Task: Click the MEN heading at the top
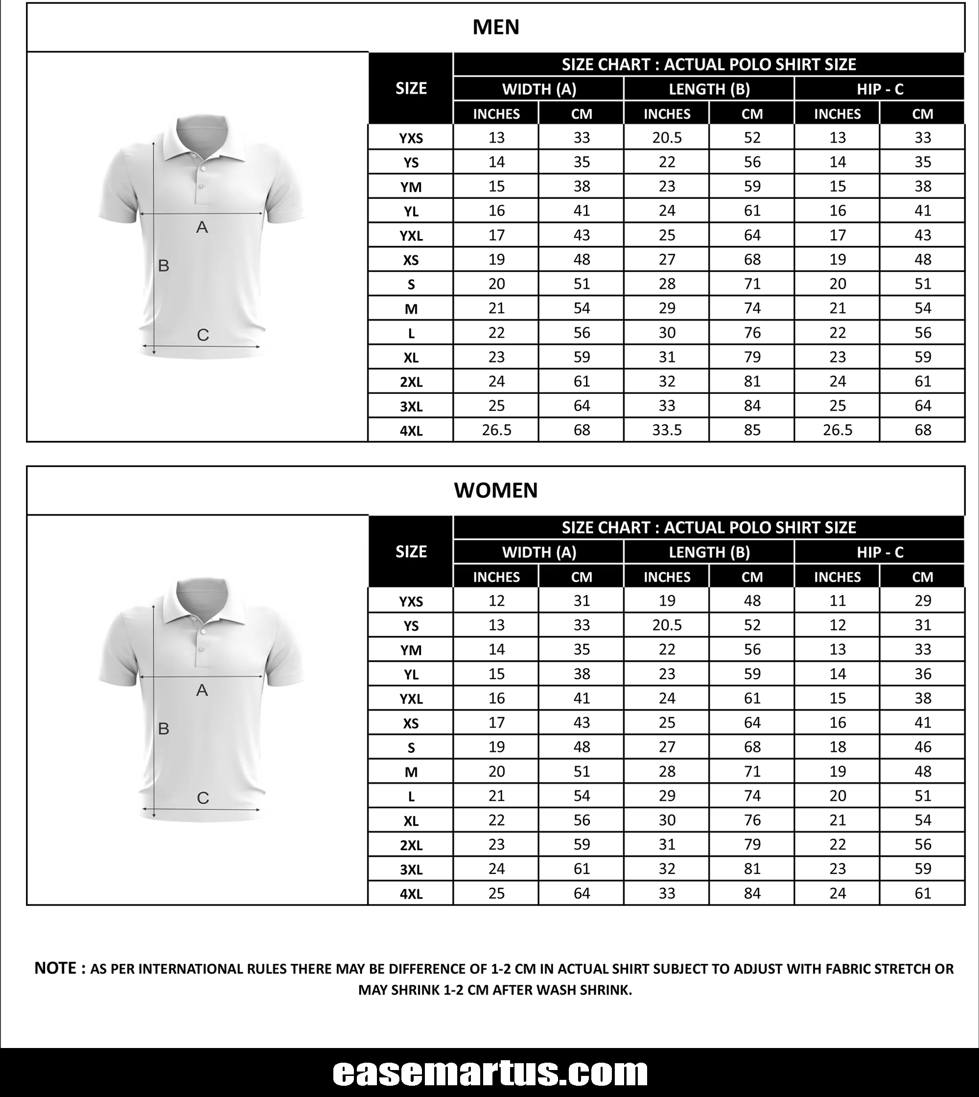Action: click(495, 27)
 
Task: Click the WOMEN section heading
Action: click(495, 490)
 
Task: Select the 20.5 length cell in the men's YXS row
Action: click(667, 138)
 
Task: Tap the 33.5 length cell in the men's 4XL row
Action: click(667, 430)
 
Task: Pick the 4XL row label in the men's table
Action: click(411, 431)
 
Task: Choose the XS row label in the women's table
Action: click(411, 723)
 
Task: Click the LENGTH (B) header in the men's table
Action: click(709, 89)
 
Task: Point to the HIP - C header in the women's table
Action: click(880, 552)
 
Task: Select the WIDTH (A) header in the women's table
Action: click(539, 552)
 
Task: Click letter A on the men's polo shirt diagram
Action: click(202, 227)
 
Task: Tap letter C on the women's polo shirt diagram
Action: click(203, 798)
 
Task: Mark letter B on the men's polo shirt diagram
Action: click(163, 266)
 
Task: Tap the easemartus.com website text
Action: click(489, 1073)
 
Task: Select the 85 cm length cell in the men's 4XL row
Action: click(752, 430)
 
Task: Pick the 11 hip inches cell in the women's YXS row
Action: click(837, 601)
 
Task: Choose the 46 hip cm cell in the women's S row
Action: click(923, 747)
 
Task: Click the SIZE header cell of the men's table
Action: click(411, 88)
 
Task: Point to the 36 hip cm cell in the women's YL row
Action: click(923, 674)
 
